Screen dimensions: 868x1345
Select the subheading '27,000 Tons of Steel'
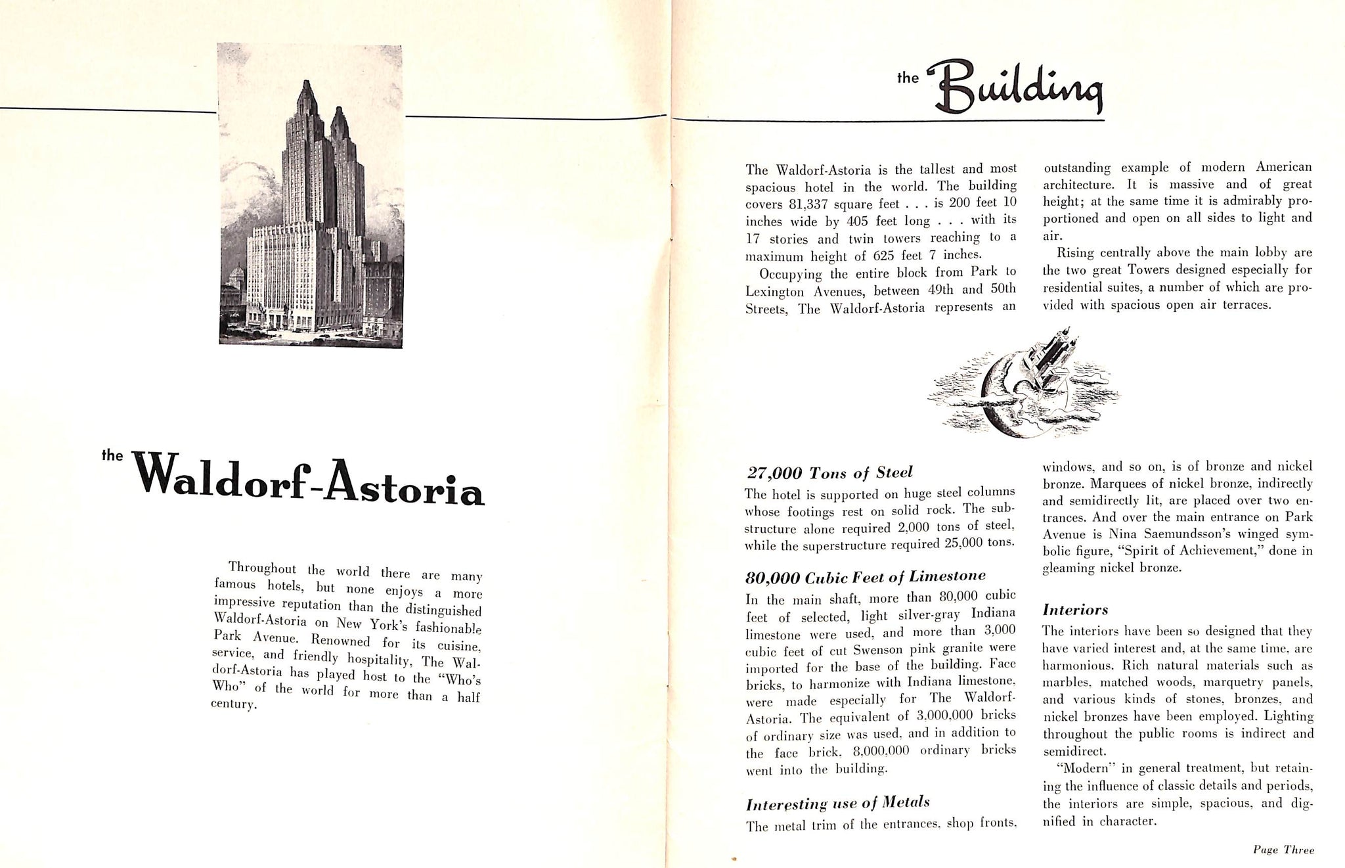(829, 472)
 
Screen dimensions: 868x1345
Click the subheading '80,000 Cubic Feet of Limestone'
(866, 577)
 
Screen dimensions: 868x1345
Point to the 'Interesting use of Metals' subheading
(837, 802)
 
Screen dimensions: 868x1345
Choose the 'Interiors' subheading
(1076, 610)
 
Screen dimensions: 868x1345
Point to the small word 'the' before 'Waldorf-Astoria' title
(113, 455)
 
